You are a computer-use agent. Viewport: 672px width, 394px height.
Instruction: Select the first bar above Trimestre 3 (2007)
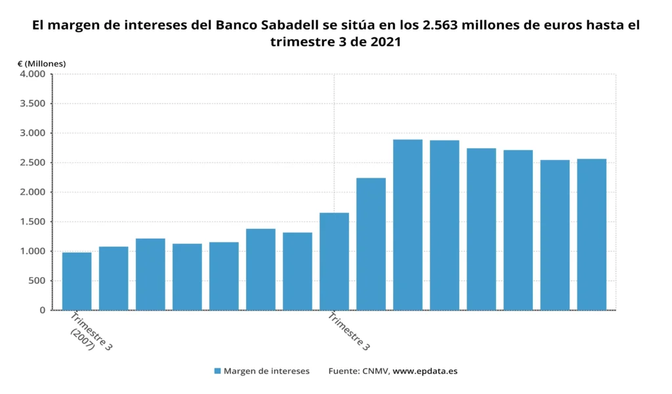point(77,281)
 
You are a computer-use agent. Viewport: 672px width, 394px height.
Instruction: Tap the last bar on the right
point(591,234)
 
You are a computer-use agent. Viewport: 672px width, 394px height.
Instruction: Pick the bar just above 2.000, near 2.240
point(371,243)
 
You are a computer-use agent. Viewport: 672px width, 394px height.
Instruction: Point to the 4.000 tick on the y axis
point(32,74)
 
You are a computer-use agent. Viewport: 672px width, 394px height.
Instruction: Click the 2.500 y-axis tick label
point(32,163)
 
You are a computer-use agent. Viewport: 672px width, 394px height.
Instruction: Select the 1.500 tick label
point(32,222)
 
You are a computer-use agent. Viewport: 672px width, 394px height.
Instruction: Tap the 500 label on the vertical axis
point(37,281)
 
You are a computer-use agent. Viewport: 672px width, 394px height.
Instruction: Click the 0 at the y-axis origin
point(42,310)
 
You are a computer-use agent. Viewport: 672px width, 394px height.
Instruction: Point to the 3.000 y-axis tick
point(32,133)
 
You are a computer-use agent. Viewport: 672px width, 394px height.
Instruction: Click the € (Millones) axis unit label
point(41,64)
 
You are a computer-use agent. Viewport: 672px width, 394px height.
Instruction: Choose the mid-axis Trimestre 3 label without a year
point(348,332)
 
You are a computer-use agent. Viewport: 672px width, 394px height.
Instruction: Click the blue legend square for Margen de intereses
point(217,371)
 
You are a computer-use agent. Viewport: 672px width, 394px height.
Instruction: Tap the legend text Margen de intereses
point(266,371)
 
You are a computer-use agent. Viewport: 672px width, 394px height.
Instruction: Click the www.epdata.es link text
point(425,371)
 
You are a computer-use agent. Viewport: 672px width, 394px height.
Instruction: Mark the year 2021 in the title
point(384,42)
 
